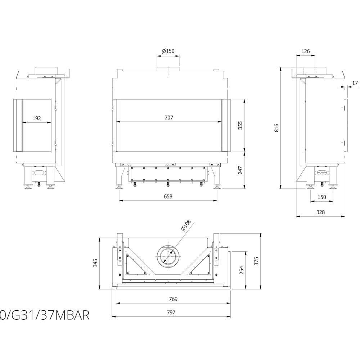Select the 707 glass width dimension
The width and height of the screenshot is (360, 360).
pyautogui.click(x=168, y=118)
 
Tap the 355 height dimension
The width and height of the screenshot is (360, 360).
pyautogui.click(x=240, y=125)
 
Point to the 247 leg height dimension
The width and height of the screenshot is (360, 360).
pyautogui.click(x=240, y=170)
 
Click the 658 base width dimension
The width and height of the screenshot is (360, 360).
pyautogui.click(x=168, y=197)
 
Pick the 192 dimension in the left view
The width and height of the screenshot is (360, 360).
pyautogui.click(x=37, y=118)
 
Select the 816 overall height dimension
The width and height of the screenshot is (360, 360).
pyautogui.click(x=276, y=127)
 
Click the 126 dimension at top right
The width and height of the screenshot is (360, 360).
pyautogui.click(x=305, y=51)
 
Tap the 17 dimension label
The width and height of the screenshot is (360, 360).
pyautogui.click(x=355, y=83)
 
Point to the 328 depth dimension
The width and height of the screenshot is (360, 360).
pyautogui.click(x=320, y=212)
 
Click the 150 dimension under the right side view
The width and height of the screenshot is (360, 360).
pyautogui.click(x=321, y=197)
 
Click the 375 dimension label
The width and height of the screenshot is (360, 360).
pyautogui.click(x=256, y=261)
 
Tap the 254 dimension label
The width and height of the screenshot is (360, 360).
pyautogui.click(x=241, y=270)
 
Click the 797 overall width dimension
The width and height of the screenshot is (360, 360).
pyautogui.click(x=171, y=312)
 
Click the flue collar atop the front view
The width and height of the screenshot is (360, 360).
pyautogui.click(x=168, y=69)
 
